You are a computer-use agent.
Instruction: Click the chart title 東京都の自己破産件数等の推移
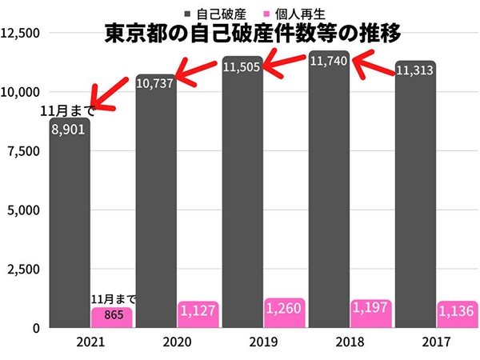coord(252,34)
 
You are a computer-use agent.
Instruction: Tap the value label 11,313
coord(414,71)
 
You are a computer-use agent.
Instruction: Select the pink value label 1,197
coord(371,308)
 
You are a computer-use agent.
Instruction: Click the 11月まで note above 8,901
coord(67,110)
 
